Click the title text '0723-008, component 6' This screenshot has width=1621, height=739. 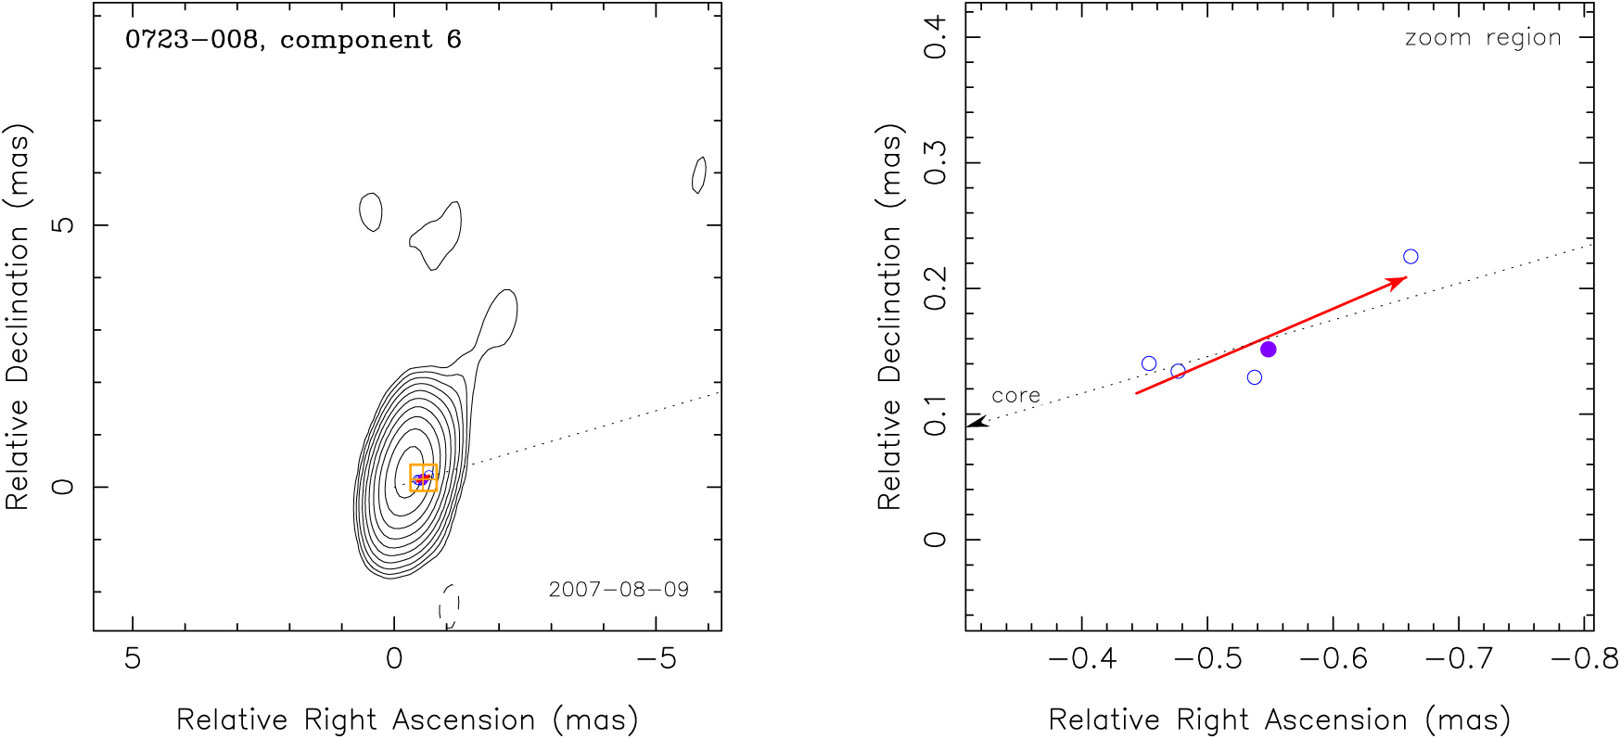pyautogui.click(x=293, y=40)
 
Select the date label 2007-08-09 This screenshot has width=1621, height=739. pyautogui.click(x=619, y=590)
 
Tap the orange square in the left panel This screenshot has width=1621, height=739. pyautogui.click(x=423, y=478)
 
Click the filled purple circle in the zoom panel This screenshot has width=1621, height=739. pyautogui.click(x=1269, y=350)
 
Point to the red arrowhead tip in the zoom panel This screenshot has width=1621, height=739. pyautogui.click(x=1404, y=278)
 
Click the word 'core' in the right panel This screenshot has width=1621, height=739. pyautogui.click(x=1015, y=396)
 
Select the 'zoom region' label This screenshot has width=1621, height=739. pyautogui.click(x=1483, y=38)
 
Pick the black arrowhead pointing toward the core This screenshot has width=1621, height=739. pyautogui.click(x=976, y=422)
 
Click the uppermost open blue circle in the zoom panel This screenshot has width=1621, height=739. pyautogui.click(x=1410, y=257)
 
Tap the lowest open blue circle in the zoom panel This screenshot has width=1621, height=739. pyautogui.click(x=1255, y=377)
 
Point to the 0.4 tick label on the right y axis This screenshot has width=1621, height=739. pyautogui.click(x=937, y=37)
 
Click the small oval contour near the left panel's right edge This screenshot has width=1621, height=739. pyautogui.click(x=699, y=174)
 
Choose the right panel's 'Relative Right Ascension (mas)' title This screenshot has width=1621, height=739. pyautogui.click(x=1279, y=720)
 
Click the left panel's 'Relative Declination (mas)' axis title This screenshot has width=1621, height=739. pyautogui.click(x=18, y=317)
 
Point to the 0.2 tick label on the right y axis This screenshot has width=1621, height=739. pyautogui.click(x=937, y=288)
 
